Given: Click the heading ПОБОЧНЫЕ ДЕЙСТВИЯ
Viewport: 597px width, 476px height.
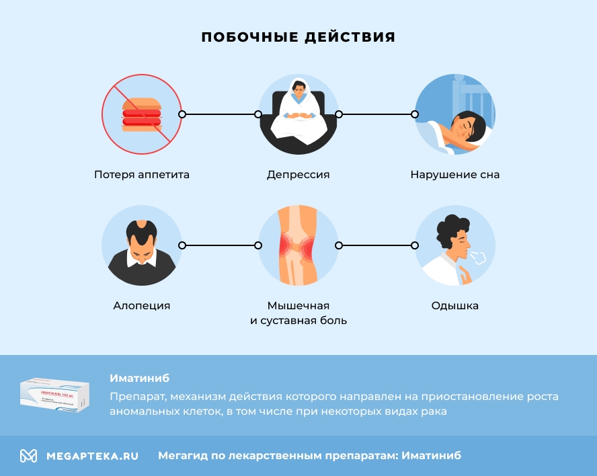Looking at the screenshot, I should click(298, 37).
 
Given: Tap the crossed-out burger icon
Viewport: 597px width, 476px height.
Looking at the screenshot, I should click(142, 114).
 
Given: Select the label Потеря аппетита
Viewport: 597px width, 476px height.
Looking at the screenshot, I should click(142, 175).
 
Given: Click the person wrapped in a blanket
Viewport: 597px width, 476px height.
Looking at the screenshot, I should click(298, 113).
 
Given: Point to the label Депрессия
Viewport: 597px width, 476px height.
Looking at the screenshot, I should click(298, 175).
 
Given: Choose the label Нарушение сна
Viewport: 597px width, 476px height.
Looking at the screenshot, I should click(455, 175).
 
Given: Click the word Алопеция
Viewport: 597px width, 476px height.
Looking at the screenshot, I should click(142, 306).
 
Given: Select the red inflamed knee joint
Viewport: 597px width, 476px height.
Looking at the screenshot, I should click(298, 247).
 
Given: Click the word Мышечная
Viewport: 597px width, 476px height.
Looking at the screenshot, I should click(298, 306).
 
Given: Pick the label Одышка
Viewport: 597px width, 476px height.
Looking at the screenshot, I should click(455, 306).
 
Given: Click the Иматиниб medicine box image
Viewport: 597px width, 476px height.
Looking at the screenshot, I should click(54, 395).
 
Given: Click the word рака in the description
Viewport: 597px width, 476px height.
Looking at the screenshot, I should click(434, 411).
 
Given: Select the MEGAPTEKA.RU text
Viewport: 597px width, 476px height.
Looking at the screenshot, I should click(92, 456).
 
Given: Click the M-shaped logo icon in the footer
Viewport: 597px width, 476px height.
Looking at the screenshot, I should click(28, 456).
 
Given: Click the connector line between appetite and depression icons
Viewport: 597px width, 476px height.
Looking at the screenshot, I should click(220, 114).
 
